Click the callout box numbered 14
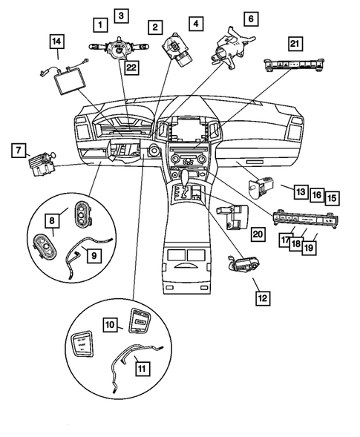pyautogui.click(x=56, y=42)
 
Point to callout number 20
pyautogui.click(x=258, y=234)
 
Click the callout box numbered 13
pyautogui.click(x=298, y=191)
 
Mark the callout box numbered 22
pyautogui.click(x=131, y=68)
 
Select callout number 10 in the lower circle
pyautogui.click(x=109, y=324)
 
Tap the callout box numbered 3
pyautogui.click(x=120, y=14)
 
